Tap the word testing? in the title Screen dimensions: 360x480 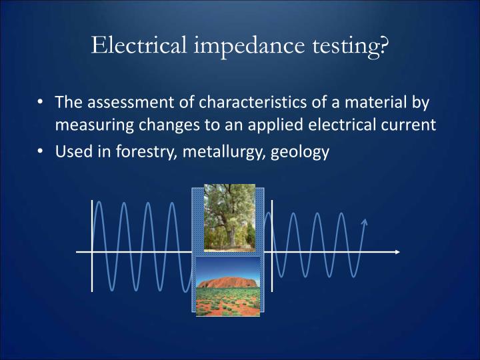pos(353,47)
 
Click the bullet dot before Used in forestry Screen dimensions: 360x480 pos(42,151)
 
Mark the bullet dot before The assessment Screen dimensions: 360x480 pos(42,103)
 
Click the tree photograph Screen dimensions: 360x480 pos(229,218)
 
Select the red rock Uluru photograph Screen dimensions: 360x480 pos(228,287)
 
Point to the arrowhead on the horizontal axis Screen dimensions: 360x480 pos(397,252)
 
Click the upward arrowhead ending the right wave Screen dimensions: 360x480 pos(364,221)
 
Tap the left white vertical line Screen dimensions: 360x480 pos(92,245)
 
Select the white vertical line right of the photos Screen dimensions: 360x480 pos(272,245)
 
